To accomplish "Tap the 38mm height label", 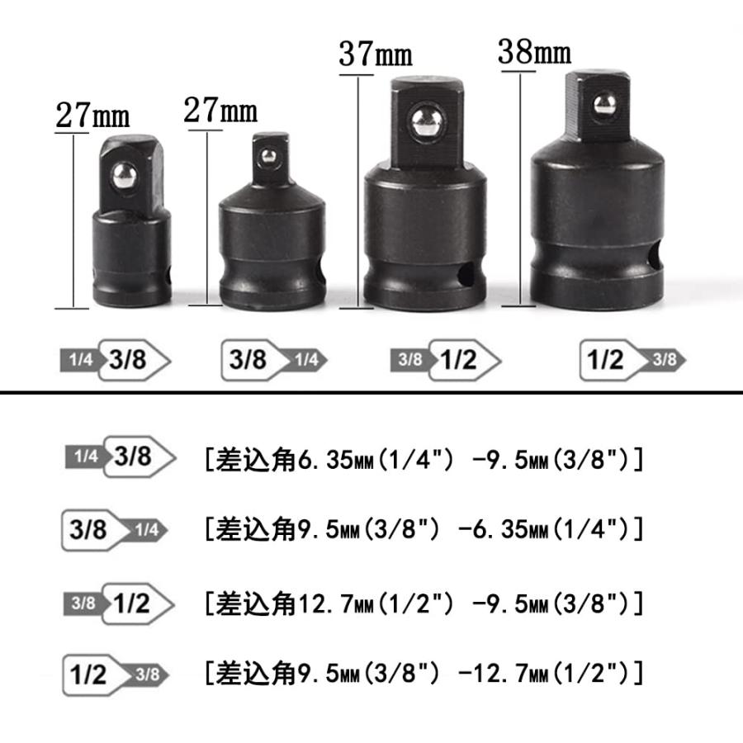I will pos(534,53).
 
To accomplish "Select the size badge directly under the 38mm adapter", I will pos(632,360).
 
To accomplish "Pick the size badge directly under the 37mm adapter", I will pos(446,360).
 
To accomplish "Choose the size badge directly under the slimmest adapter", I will pos(115,360).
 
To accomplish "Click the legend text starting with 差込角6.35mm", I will pos(424,460).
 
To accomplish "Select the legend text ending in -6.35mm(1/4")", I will pos(424,529).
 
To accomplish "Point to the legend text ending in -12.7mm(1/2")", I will pos(424,674).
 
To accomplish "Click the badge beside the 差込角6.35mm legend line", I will pos(121,457).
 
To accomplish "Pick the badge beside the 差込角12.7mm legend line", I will pos(121,603).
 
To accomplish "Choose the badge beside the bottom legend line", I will pos(116,674).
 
